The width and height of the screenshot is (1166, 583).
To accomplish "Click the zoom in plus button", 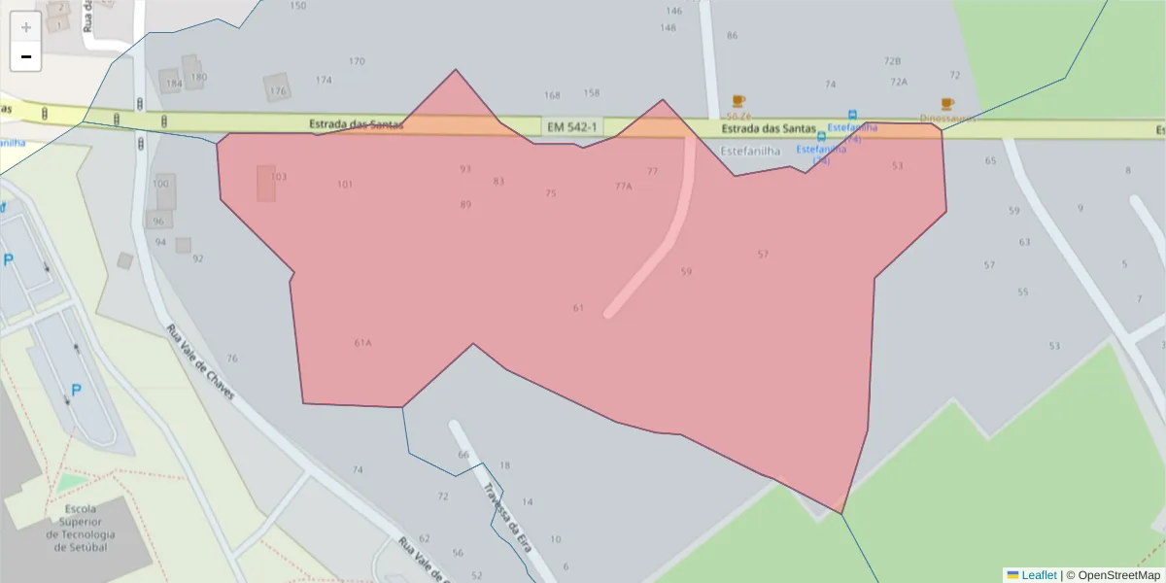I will pos(25,27).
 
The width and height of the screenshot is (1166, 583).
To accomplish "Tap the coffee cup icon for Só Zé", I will pos(738,101).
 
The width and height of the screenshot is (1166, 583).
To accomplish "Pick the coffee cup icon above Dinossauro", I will pos(947,103).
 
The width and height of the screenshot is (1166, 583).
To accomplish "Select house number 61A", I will pos(363,343).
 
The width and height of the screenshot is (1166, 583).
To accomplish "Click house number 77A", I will pos(623,186).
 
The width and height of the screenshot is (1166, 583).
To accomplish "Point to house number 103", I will pos(279,177).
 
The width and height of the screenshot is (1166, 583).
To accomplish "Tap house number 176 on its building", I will pos(279,91).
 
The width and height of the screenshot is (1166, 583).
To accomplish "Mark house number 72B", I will pos(892,60).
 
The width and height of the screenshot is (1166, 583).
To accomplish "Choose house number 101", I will pos(345,184).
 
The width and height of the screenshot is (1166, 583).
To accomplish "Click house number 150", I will pos(297,6).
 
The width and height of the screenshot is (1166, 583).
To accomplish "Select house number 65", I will pos(990,160).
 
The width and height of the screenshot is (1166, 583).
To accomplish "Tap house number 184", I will pos(174,84).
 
